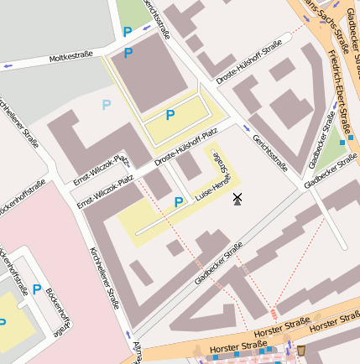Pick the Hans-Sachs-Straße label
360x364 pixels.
[x=322, y=20]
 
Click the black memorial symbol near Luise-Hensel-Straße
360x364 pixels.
[x=237, y=199]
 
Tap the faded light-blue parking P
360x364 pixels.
[x=106, y=105]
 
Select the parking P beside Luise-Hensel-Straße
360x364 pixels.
[x=178, y=202]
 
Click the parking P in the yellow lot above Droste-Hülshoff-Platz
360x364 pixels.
[x=170, y=115]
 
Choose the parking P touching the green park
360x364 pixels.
[x=128, y=32]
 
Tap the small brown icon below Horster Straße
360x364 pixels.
[x=301, y=350]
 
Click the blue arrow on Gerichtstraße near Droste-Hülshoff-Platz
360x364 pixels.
[x=246, y=128]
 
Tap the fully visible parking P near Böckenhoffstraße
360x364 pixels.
[x=37, y=289]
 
